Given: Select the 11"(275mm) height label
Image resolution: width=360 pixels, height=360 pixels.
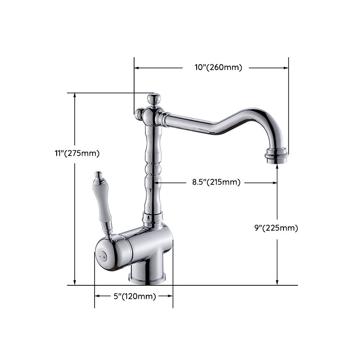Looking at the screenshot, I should (x=77, y=153).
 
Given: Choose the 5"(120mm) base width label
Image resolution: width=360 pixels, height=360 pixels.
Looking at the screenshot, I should (x=135, y=296).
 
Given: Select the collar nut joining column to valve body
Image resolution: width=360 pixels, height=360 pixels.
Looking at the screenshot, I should (x=153, y=219).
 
